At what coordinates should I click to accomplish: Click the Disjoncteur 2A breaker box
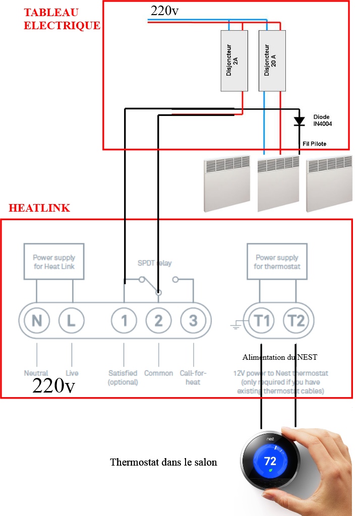pos(234,60)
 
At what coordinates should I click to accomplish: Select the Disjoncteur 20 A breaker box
pos(272,60)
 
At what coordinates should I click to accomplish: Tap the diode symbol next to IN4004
pos(299,121)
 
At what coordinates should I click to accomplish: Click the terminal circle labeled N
pos(37,320)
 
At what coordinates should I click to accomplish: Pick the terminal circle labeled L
pos(71,320)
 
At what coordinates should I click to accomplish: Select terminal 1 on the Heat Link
pos(124,320)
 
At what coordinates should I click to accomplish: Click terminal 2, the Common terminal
pos(159,320)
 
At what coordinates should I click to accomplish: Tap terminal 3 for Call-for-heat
pos(193,320)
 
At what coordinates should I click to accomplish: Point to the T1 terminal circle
pos(260,320)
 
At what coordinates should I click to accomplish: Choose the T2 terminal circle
pos(296,320)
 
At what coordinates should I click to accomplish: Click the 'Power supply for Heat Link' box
pos(53,262)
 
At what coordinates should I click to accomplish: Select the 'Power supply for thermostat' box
pos(276,262)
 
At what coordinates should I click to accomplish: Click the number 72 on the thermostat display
pos(270,461)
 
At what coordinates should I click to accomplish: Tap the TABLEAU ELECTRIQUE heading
pos(62,19)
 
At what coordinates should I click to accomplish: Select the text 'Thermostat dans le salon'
pos(163,462)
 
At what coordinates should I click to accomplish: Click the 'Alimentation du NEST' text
pos(279,357)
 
